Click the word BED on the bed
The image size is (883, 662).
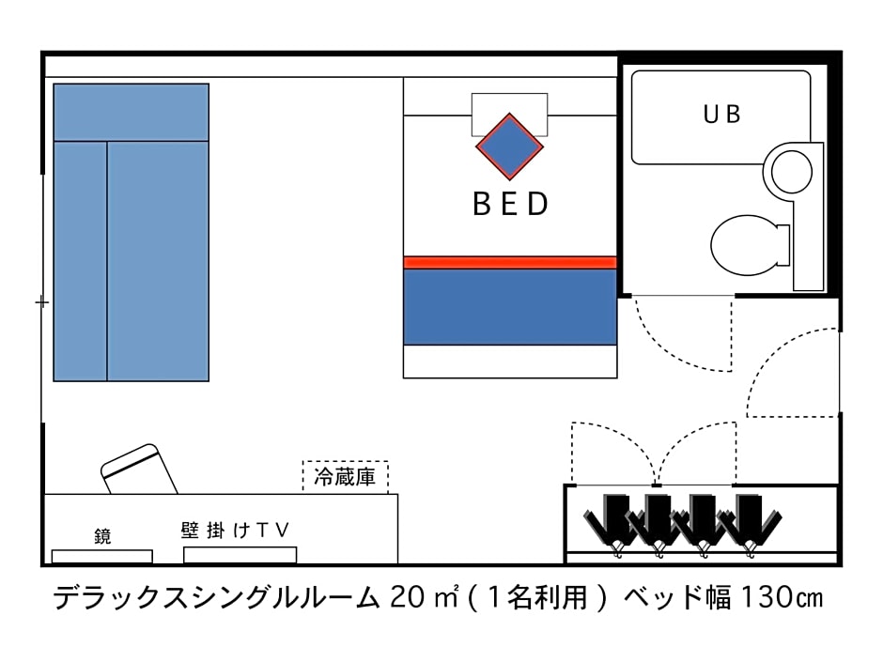click(x=510, y=204)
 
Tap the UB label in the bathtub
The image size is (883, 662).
click(x=722, y=115)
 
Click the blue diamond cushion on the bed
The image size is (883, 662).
click(x=510, y=146)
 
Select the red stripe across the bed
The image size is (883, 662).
click(x=510, y=262)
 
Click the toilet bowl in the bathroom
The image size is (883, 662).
click(x=749, y=245)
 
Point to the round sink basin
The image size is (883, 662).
click(x=791, y=172)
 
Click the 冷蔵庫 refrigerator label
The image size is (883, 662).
click(x=345, y=477)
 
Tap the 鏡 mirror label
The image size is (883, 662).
click(x=102, y=536)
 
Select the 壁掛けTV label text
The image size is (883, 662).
click(x=236, y=531)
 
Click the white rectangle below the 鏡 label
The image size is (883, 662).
click(x=102, y=556)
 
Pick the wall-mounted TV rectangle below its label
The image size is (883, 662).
click(x=240, y=555)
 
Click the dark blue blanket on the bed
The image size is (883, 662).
click(x=510, y=307)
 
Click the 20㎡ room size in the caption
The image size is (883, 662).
click(x=424, y=597)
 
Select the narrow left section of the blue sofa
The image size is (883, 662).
click(x=80, y=261)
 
